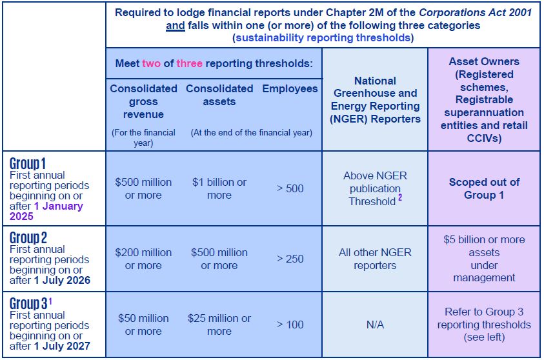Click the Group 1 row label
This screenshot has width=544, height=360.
pos(28,164)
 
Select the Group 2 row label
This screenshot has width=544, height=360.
pos(28,238)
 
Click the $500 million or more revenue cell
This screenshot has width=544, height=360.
pos(143,188)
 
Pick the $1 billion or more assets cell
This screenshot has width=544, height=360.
pos(219,188)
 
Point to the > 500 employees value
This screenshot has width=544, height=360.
pos(290,188)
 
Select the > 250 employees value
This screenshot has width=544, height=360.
pos(290,259)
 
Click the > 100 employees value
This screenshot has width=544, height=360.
pos(290,325)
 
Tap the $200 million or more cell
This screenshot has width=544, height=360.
pos(143,259)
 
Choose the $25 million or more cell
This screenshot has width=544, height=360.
pos(219,325)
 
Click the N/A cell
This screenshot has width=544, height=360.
pos(375,325)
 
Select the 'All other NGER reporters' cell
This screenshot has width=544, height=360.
pos(375,259)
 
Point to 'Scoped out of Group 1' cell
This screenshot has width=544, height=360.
pos(484,188)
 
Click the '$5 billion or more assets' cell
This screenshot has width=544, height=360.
pos(484,258)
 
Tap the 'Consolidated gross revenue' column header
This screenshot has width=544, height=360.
pos(143,101)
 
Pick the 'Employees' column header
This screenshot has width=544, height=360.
pos(290,88)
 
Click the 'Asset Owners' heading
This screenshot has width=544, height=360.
pos(484,62)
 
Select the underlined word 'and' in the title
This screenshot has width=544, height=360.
pos(175,26)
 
